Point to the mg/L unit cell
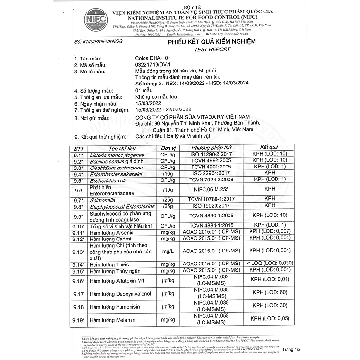coord(168,250)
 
